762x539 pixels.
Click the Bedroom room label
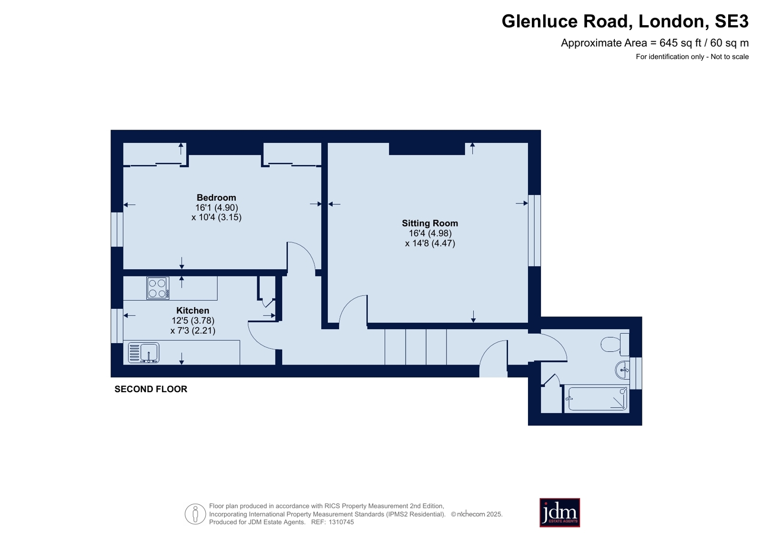coord(216,198)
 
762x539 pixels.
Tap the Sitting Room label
coord(430,223)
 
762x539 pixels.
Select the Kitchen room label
coord(193,310)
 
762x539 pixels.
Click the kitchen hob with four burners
coord(158,288)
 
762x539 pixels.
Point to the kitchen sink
coord(143,353)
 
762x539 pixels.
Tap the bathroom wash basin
coord(622,370)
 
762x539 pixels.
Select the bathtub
coord(597,398)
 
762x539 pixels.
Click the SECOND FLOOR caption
coord(151,389)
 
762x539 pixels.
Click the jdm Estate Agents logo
coord(559,513)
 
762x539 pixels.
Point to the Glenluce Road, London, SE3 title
coord(625,21)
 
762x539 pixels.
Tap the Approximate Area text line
coord(654,43)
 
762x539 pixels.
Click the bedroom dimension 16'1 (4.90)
coord(217,208)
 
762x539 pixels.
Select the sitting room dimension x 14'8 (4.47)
coord(430,244)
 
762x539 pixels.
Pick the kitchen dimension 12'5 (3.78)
coord(193,321)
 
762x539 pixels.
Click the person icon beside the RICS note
coord(195,514)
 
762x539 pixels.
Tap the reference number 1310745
coord(341,522)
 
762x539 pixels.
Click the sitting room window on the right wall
coord(534,230)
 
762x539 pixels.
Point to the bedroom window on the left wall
coord(117,229)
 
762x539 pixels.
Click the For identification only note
coord(692,57)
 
